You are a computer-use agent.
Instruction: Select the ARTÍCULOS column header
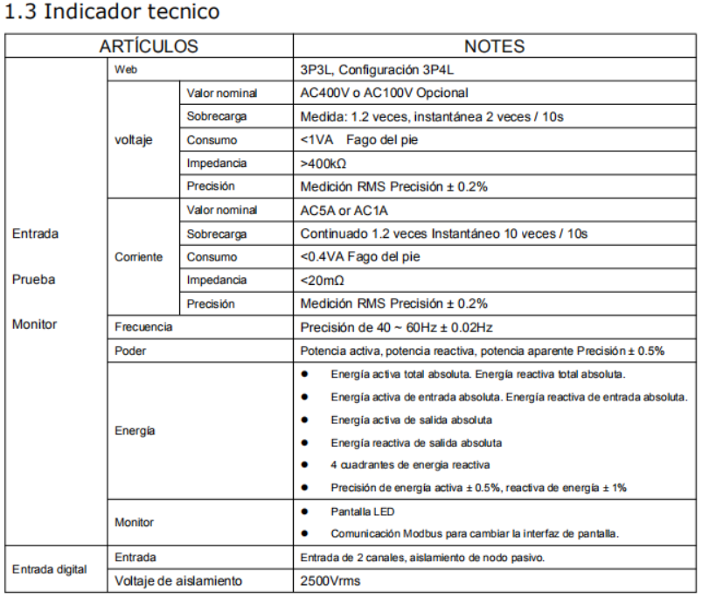[149, 46]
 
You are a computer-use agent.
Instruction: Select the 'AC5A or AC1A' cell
[342, 211]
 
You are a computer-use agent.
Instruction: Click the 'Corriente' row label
[138, 258]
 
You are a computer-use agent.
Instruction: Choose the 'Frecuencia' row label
[144, 327]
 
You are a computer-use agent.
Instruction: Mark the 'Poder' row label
[129, 351]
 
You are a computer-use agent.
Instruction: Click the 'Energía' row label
[134, 431]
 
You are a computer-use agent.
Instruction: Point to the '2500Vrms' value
[330, 580]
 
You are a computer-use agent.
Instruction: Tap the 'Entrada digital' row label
[49, 569]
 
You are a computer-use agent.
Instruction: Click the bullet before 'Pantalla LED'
[304, 510]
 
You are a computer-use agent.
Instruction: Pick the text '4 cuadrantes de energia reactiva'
[410, 464]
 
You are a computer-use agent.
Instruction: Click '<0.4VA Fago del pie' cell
[359, 257]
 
